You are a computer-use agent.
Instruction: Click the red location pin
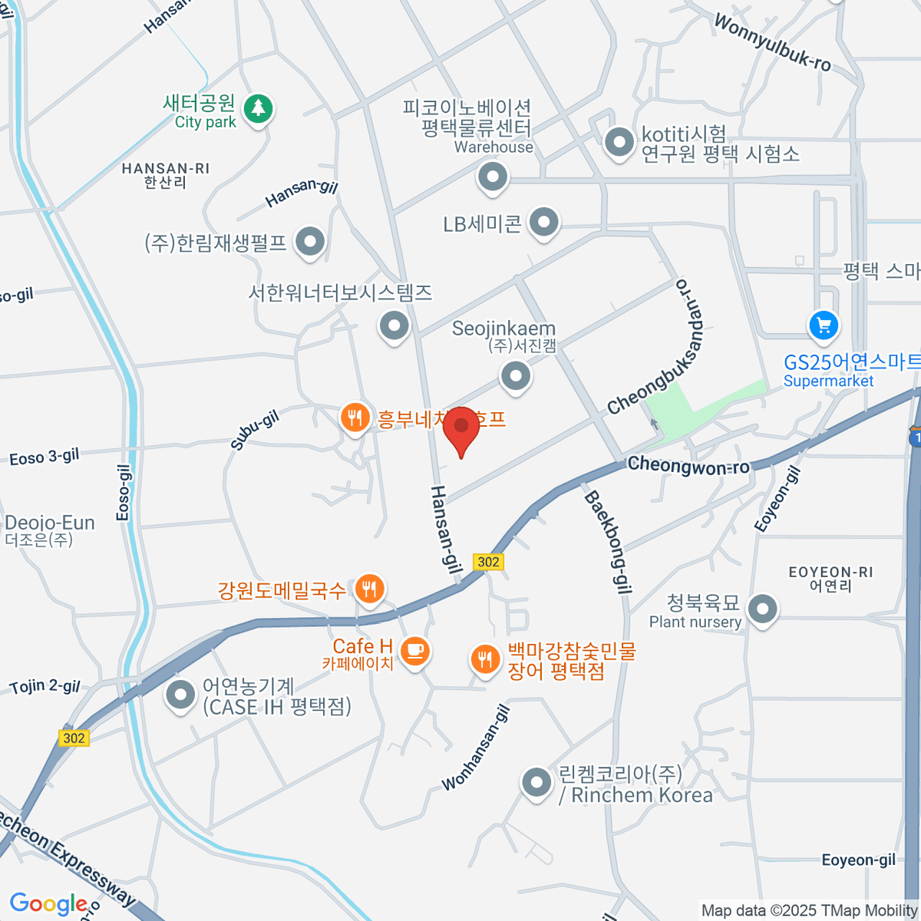click(461, 427)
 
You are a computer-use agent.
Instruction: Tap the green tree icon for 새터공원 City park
click(258, 109)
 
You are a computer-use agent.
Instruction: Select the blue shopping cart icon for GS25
click(824, 325)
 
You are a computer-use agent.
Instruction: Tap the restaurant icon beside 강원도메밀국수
click(370, 589)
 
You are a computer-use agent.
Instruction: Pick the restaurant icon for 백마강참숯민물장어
click(484, 659)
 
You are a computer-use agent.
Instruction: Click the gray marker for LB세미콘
click(544, 223)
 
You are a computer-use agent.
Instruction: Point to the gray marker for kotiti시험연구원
click(619, 142)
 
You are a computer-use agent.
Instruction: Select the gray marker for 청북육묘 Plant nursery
click(762, 610)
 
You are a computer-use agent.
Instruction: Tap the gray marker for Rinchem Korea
click(536, 783)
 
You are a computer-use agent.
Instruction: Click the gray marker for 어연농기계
click(180, 695)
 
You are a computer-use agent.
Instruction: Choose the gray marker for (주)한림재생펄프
click(310, 242)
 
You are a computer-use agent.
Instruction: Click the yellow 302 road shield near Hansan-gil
click(488, 562)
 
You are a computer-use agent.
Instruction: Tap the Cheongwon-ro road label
click(688, 465)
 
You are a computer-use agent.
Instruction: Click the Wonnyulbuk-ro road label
click(772, 42)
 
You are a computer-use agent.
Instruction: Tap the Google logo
click(48, 904)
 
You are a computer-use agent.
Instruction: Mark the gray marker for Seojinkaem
click(516, 376)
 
